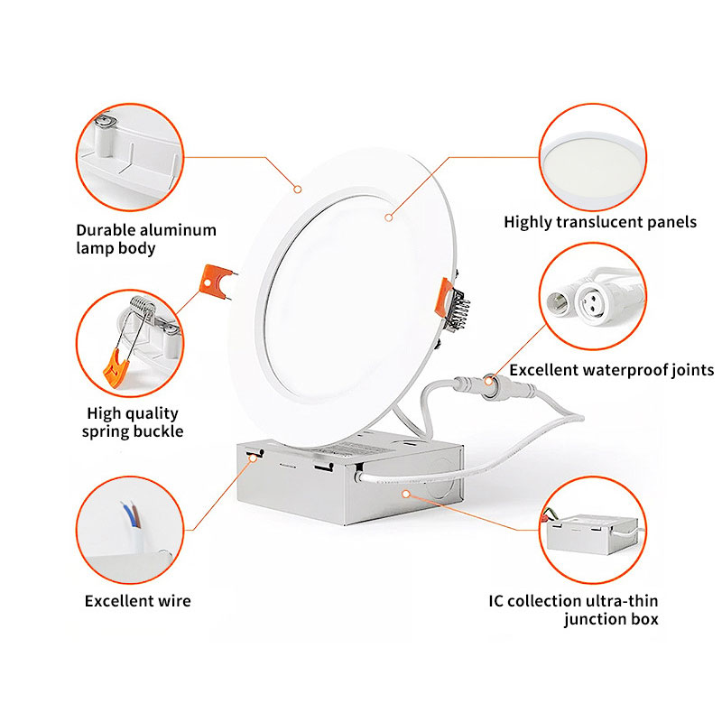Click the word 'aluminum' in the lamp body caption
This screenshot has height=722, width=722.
pos(178,230)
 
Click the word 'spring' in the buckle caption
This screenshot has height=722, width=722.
pos(106,432)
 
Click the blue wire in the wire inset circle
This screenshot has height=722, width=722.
pos(127,515)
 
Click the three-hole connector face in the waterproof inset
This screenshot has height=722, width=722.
pos(590,300)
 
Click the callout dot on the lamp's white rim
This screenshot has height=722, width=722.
pos(298,190)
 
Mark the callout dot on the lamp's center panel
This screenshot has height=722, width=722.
pos(389,218)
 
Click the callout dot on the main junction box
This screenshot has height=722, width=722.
pos(405,494)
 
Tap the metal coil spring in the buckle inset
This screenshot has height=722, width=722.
pos(142,305)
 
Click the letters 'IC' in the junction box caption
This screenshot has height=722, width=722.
pos(495,601)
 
